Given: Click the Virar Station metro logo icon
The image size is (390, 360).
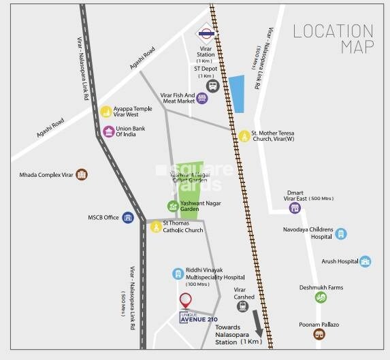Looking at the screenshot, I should coord(205,32).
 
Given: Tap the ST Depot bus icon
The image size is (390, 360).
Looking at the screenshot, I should coord(212,86).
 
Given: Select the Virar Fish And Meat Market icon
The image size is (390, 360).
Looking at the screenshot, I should coord(201,99).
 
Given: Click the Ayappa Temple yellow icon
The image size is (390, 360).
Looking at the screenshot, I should coord(105,112).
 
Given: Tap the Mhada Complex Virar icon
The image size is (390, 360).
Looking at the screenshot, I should coord(82,175).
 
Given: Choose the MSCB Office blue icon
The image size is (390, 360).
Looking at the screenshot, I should coord(127,218).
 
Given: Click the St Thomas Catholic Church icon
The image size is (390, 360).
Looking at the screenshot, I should coord(155,227).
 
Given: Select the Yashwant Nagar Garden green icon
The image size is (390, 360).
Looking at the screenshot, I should coord(174,206).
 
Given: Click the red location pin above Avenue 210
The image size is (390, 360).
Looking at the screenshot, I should coord(184,300).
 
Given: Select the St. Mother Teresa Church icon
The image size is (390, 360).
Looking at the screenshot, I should coord(244,136).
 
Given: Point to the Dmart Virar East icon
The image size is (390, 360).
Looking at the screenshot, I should coord(295,208).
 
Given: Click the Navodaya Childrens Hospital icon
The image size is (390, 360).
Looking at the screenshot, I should coord(341,233).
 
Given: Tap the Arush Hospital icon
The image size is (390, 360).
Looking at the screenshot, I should coord(365,261).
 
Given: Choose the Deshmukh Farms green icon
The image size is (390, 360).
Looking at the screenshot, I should coord(320,297).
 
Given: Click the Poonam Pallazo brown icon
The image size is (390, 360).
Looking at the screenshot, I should coord(319,334).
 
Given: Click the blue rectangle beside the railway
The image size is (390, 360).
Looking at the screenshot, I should coord(237,94).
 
